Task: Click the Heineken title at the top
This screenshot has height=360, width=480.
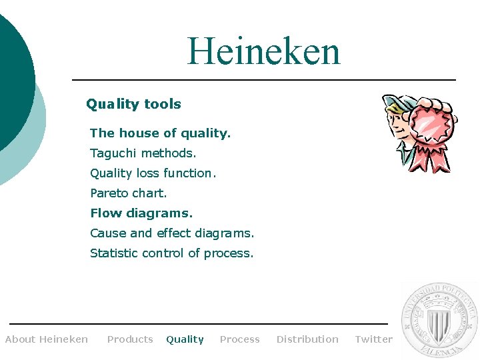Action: pyautogui.click(x=263, y=51)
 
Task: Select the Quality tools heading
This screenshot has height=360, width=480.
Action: pyautogui.click(x=133, y=104)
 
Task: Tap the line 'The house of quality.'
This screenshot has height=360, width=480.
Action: pyautogui.click(x=160, y=133)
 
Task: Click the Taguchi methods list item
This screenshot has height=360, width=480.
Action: pyautogui.click(x=143, y=153)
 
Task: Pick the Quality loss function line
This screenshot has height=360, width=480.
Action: pyautogui.click(x=153, y=173)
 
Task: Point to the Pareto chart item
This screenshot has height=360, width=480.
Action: pyautogui.click(x=129, y=193)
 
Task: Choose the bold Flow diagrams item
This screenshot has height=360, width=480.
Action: pyautogui.click(x=141, y=213)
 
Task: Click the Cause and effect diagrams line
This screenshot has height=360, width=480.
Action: pyautogui.click(x=172, y=233)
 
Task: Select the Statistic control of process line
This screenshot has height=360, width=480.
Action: pyautogui.click(x=172, y=253)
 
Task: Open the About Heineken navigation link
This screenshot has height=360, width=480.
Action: pyautogui.click(x=47, y=339)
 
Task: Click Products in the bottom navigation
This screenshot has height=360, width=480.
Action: pyautogui.click(x=130, y=339)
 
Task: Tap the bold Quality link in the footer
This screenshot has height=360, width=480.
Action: pyautogui.click(x=185, y=339)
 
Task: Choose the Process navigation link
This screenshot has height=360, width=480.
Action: pyautogui.click(x=239, y=339)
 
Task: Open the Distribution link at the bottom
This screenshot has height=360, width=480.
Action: pyautogui.click(x=307, y=339)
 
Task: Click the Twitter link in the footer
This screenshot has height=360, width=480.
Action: pyautogui.click(x=373, y=339)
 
